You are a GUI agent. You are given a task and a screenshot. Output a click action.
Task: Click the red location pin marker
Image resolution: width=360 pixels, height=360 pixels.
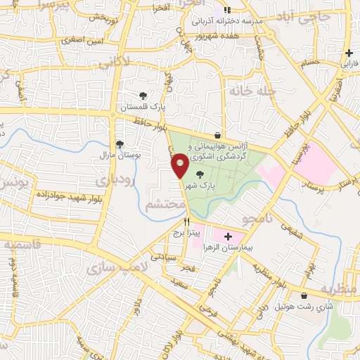point(179,167)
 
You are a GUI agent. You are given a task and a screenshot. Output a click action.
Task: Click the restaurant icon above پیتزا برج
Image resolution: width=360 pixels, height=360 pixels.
point(187,221)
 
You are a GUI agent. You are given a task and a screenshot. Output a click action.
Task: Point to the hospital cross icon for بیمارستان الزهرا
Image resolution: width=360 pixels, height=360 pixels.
point(227,236)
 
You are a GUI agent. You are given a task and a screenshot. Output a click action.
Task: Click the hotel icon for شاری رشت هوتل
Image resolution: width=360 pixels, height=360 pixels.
point(303,296)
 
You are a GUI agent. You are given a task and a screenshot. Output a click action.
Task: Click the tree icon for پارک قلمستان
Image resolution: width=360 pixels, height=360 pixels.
point(143,95)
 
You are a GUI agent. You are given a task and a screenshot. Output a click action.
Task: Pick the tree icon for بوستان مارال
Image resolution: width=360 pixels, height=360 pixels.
point(120,143)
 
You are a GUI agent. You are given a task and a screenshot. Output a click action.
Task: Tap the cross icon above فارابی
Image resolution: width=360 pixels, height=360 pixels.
point(349,53)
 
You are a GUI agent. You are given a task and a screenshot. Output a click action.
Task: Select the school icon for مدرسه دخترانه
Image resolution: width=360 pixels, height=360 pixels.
point(226,11)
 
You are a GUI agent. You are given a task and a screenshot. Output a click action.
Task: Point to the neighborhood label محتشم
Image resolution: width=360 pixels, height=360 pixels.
point(165,205)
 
